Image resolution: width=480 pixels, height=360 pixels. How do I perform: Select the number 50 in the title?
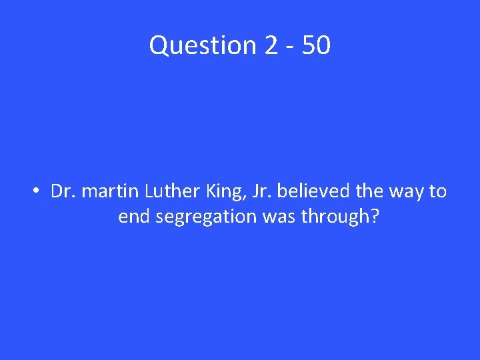tap(315, 46)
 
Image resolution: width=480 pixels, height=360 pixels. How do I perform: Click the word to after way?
tap(437, 192)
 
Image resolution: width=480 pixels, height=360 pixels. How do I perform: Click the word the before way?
tap(369, 192)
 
